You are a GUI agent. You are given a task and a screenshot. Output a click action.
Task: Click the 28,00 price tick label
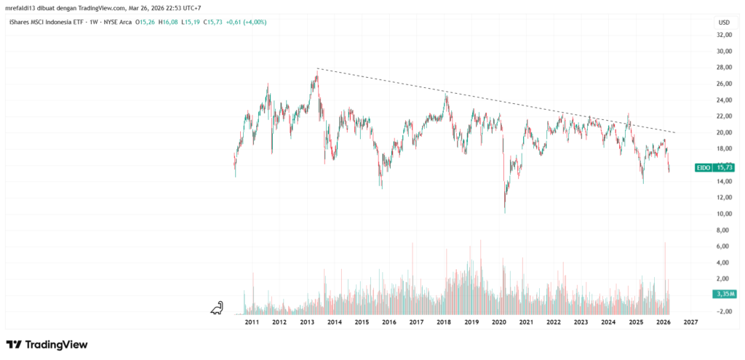724,68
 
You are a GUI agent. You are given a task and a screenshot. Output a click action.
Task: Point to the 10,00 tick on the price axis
724,214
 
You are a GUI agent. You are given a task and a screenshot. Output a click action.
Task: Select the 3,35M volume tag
723,294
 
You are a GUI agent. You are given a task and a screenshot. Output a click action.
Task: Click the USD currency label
724,23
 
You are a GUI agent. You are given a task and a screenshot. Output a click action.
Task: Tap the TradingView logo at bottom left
47,344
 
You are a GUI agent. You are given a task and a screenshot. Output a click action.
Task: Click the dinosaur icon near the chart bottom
217,309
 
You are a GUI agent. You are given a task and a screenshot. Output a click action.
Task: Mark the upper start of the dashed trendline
318,69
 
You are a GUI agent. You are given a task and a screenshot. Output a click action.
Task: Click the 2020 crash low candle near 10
505,211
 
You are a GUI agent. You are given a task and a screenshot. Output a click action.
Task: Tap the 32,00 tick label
724,35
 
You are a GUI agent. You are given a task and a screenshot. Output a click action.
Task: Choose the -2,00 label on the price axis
724,311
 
